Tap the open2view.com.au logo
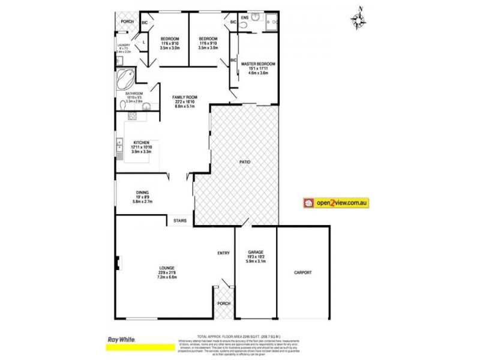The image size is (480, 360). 336,203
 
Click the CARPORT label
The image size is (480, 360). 303,272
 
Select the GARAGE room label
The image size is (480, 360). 256,252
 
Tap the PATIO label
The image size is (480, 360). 244,162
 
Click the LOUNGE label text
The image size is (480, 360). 167,268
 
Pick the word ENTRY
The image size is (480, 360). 223,253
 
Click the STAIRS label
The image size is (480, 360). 180,221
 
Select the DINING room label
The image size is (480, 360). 142,192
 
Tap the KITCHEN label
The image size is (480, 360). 142,142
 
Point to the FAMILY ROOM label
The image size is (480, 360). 185,97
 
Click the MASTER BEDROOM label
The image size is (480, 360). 258,64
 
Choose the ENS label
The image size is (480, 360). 244,17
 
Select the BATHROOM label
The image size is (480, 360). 134,94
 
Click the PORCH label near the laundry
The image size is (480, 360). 127,22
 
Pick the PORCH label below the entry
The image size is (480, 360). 223,302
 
